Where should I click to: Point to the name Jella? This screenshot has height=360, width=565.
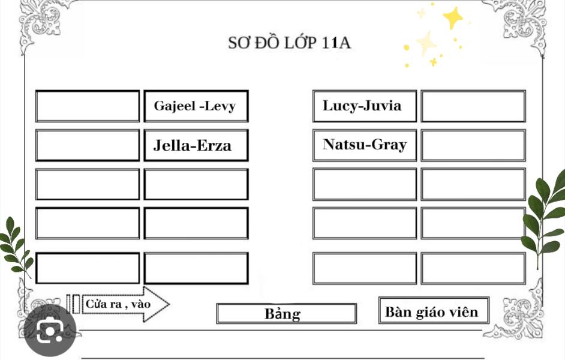click(x=172, y=146)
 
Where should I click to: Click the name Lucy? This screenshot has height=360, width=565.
click(x=339, y=106)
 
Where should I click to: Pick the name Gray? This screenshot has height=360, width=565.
click(x=389, y=145)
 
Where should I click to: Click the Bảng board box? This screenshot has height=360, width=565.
click(x=287, y=314)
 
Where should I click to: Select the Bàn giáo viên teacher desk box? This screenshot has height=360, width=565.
click(x=434, y=310)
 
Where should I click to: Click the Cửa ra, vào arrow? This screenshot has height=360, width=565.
click(x=125, y=304)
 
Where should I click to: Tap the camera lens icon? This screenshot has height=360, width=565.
click(x=50, y=331)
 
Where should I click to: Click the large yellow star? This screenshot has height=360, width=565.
click(x=453, y=17)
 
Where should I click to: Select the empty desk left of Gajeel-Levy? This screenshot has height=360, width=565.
click(x=88, y=106)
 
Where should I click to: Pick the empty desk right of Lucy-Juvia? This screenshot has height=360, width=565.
click(x=473, y=106)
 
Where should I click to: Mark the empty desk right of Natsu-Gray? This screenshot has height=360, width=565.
click(x=473, y=145)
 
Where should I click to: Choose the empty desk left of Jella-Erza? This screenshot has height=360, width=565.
click(x=88, y=145)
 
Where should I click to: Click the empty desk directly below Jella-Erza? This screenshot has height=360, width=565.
click(x=196, y=184)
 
